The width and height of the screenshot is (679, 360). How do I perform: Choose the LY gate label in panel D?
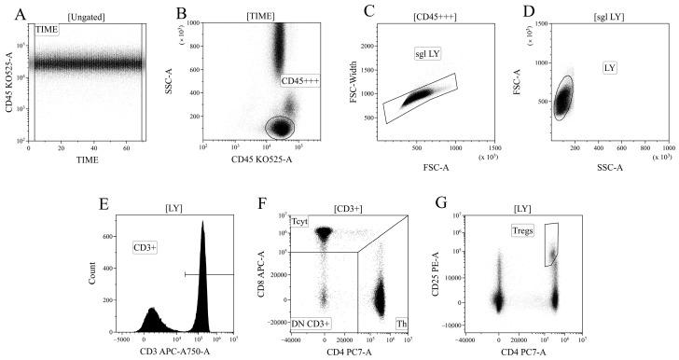pyautogui.click(x=611, y=68)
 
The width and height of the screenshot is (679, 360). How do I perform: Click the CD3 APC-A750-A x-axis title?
pyautogui.click(x=173, y=353)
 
